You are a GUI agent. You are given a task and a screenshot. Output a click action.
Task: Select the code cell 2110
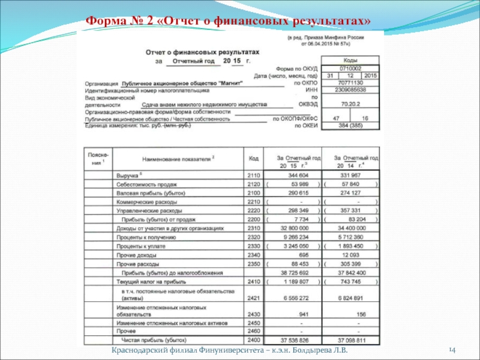point(254,175)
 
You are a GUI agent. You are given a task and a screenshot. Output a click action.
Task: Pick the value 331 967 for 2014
point(350,175)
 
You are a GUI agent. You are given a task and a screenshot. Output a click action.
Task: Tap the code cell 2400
point(254,340)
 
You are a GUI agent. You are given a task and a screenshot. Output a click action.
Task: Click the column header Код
point(254,159)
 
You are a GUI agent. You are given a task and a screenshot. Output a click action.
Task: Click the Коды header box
point(350,60)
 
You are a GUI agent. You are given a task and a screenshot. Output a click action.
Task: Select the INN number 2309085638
point(350,90)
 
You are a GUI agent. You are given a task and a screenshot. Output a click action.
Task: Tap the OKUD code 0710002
point(350,68)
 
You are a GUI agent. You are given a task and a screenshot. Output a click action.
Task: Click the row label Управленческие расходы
point(149,211)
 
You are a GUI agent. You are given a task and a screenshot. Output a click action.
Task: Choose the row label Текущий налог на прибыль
point(151,281)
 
